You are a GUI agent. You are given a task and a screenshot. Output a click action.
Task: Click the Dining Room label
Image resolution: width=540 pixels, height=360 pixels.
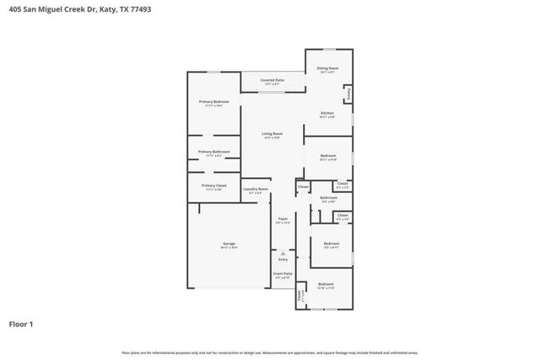[x=328, y=67]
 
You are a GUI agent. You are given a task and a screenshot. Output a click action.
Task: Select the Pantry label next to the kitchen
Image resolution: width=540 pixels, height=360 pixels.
[x=348, y=94]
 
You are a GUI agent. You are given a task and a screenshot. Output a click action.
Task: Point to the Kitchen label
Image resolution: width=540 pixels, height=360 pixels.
[x=327, y=113]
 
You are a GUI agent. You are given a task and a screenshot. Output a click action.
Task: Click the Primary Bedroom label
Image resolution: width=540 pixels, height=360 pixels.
[x=213, y=101]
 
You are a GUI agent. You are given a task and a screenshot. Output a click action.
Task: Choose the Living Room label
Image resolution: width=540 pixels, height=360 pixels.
[x=272, y=134]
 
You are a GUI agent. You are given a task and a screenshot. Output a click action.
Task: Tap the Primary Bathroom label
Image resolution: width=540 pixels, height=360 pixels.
[x=213, y=152]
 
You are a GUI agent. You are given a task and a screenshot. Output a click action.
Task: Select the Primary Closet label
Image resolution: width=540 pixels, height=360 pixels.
[x=213, y=185]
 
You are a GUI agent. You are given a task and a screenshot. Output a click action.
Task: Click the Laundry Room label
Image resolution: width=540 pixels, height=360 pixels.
[x=255, y=190]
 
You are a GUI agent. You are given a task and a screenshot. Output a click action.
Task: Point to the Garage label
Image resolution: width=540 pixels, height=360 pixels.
[x=229, y=244]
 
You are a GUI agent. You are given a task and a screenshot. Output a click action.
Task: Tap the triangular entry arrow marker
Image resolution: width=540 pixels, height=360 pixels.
[x=283, y=253]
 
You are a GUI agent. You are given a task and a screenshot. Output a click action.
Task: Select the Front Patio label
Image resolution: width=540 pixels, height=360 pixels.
[x=283, y=273]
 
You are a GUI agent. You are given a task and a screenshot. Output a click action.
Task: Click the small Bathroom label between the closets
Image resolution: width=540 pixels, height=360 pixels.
[x=329, y=198]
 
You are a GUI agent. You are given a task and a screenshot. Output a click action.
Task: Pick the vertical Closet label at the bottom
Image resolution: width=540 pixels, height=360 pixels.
[x=299, y=296]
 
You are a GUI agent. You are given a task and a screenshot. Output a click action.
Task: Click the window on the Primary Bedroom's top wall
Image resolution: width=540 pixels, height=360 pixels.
[x=214, y=72]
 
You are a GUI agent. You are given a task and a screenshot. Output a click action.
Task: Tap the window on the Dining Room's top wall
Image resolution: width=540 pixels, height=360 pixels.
[x=329, y=49]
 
